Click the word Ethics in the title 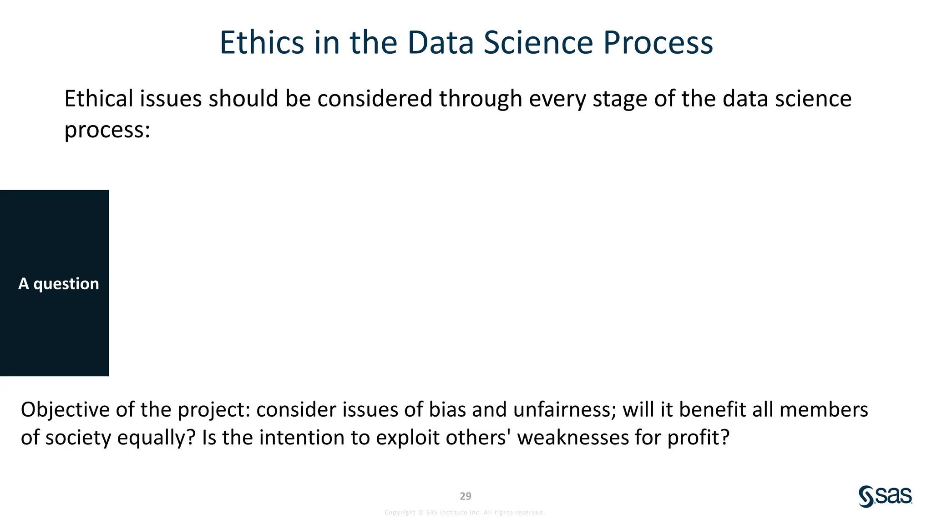[x=262, y=43]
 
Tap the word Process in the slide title [x=658, y=43]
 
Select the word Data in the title [x=440, y=43]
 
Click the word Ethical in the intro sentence [x=99, y=99]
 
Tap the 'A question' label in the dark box [x=59, y=284]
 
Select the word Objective [x=65, y=410]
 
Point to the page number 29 [x=466, y=496]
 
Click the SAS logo [x=885, y=496]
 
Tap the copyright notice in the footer [x=465, y=513]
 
